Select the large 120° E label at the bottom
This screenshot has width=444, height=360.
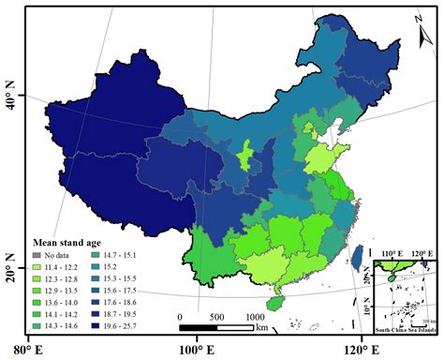pyautogui.click(x=363, y=350)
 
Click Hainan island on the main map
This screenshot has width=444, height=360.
pyautogui.click(x=274, y=303)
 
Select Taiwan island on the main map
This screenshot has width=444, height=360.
pyautogui.click(x=357, y=253)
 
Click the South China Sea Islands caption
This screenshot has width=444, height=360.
pyautogui.click(x=405, y=331)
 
